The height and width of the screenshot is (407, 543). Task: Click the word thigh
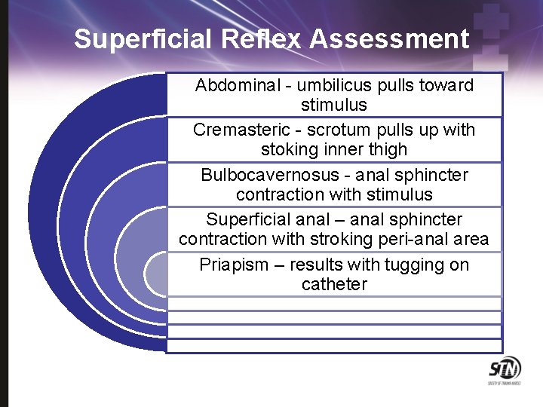pos(386,149)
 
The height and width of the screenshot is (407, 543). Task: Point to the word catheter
pos(334,284)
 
